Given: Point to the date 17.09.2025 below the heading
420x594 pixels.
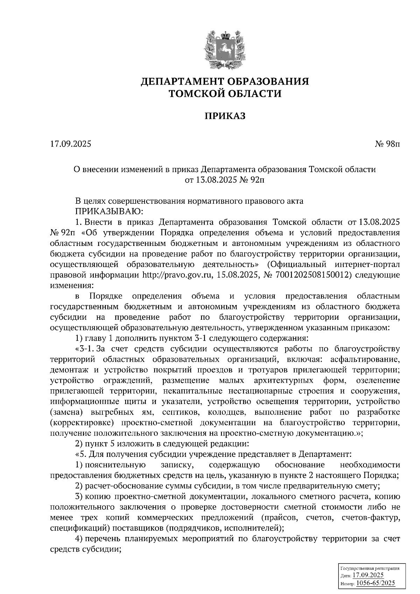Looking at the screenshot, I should click(x=70, y=144).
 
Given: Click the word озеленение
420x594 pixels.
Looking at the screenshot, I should click(x=377, y=380).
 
